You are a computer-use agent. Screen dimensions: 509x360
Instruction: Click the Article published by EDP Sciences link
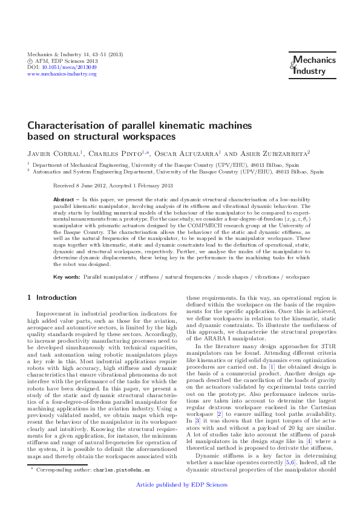pos(180,501)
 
